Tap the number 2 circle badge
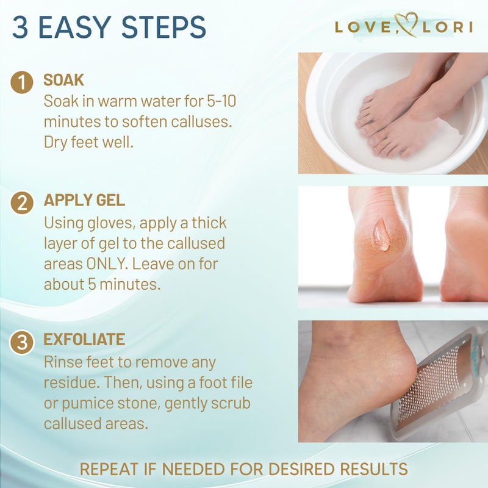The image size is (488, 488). pyautogui.click(x=22, y=203)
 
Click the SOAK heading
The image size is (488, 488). pyautogui.click(x=63, y=81)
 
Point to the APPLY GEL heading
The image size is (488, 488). pyautogui.click(x=84, y=201)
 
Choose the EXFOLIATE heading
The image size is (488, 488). pyautogui.click(x=84, y=339)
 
